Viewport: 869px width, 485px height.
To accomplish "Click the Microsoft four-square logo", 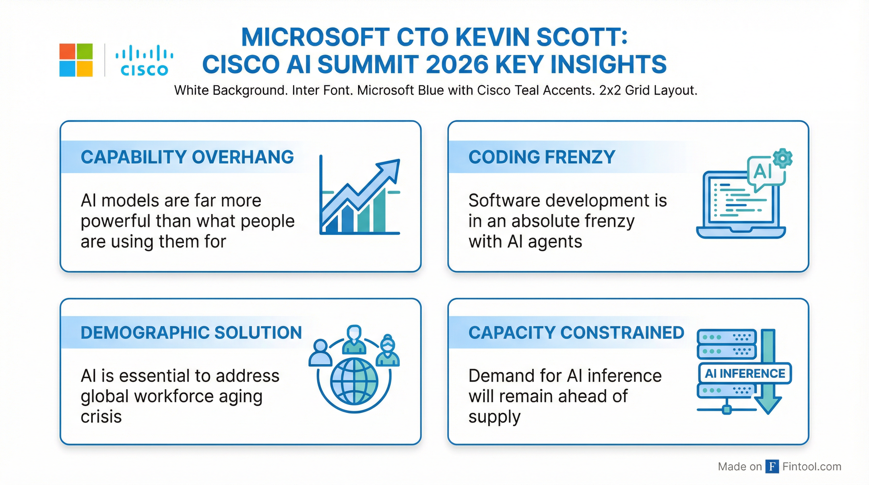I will pyautogui.click(x=76, y=60).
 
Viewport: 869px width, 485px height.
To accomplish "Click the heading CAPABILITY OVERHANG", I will pyautogui.click(x=187, y=157).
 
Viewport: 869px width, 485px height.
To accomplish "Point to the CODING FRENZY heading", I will pyautogui.click(x=542, y=157).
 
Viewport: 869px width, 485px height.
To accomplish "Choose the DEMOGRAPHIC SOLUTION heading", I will pyautogui.click(x=191, y=332).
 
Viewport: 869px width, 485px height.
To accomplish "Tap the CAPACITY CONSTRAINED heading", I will pyautogui.click(x=576, y=332).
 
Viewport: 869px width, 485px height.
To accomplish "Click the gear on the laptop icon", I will pyautogui.click(x=782, y=158).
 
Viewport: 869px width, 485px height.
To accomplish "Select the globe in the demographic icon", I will pyautogui.click(x=354, y=381).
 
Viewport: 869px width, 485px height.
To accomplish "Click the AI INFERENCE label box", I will pyautogui.click(x=745, y=373).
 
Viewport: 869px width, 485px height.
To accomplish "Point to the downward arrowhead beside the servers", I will pyautogui.click(x=768, y=405).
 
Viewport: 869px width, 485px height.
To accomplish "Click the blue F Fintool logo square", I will pyautogui.click(x=772, y=466).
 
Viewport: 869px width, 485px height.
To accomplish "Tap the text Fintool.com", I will pyautogui.click(x=812, y=466).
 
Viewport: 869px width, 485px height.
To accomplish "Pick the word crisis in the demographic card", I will pyautogui.click(x=101, y=417).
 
